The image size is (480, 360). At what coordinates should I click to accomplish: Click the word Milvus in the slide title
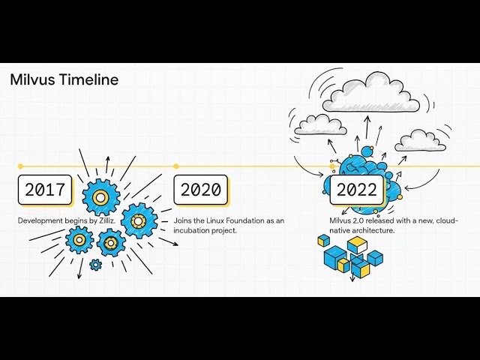[x=31, y=80]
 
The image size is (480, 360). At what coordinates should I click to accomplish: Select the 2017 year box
[x=45, y=190]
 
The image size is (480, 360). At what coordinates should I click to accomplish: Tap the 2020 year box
[x=201, y=190]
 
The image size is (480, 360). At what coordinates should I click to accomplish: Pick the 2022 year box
[x=357, y=190]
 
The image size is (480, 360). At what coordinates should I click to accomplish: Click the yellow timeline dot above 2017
[x=20, y=166]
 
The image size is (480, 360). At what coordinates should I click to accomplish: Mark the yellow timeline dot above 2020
[x=176, y=166]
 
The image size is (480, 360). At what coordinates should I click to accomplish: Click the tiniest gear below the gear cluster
[x=95, y=264]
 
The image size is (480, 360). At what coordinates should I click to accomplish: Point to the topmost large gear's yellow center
[x=101, y=197]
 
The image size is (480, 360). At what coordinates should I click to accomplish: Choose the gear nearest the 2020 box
[x=139, y=220]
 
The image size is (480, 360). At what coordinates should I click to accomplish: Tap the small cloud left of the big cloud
[x=320, y=124]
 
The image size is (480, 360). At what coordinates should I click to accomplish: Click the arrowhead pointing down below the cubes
[x=352, y=280]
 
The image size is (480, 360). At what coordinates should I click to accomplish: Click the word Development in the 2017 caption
[x=40, y=220]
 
